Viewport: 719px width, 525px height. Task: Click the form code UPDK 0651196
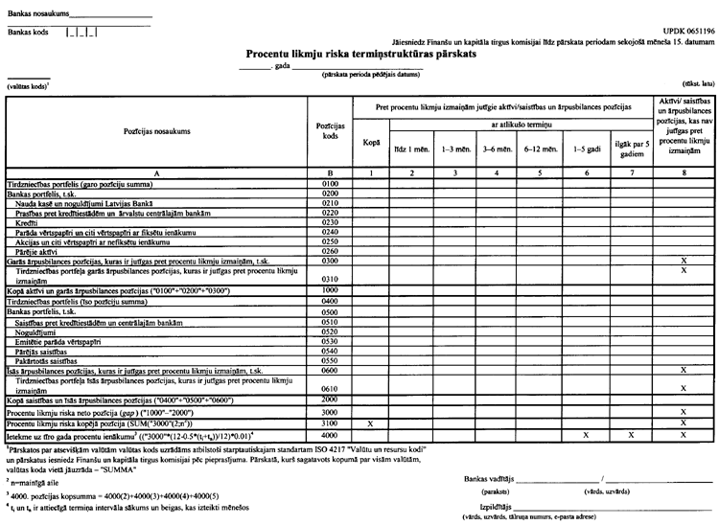click(x=681, y=32)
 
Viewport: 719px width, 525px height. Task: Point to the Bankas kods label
click(x=28, y=32)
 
